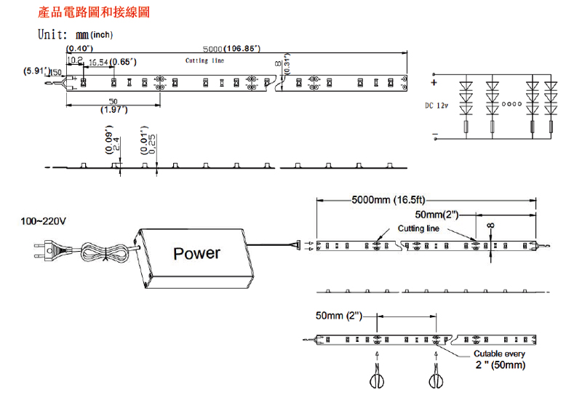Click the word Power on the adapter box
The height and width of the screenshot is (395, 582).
pyautogui.click(x=196, y=253)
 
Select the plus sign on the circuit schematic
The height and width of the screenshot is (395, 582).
pyautogui.click(x=434, y=82)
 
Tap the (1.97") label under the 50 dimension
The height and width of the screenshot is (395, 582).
pyautogui.click(x=113, y=110)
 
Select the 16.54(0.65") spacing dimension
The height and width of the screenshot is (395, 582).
pyautogui.click(x=112, y=63)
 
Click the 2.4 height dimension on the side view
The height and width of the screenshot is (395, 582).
pyautogui.click(x=116, y=142)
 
